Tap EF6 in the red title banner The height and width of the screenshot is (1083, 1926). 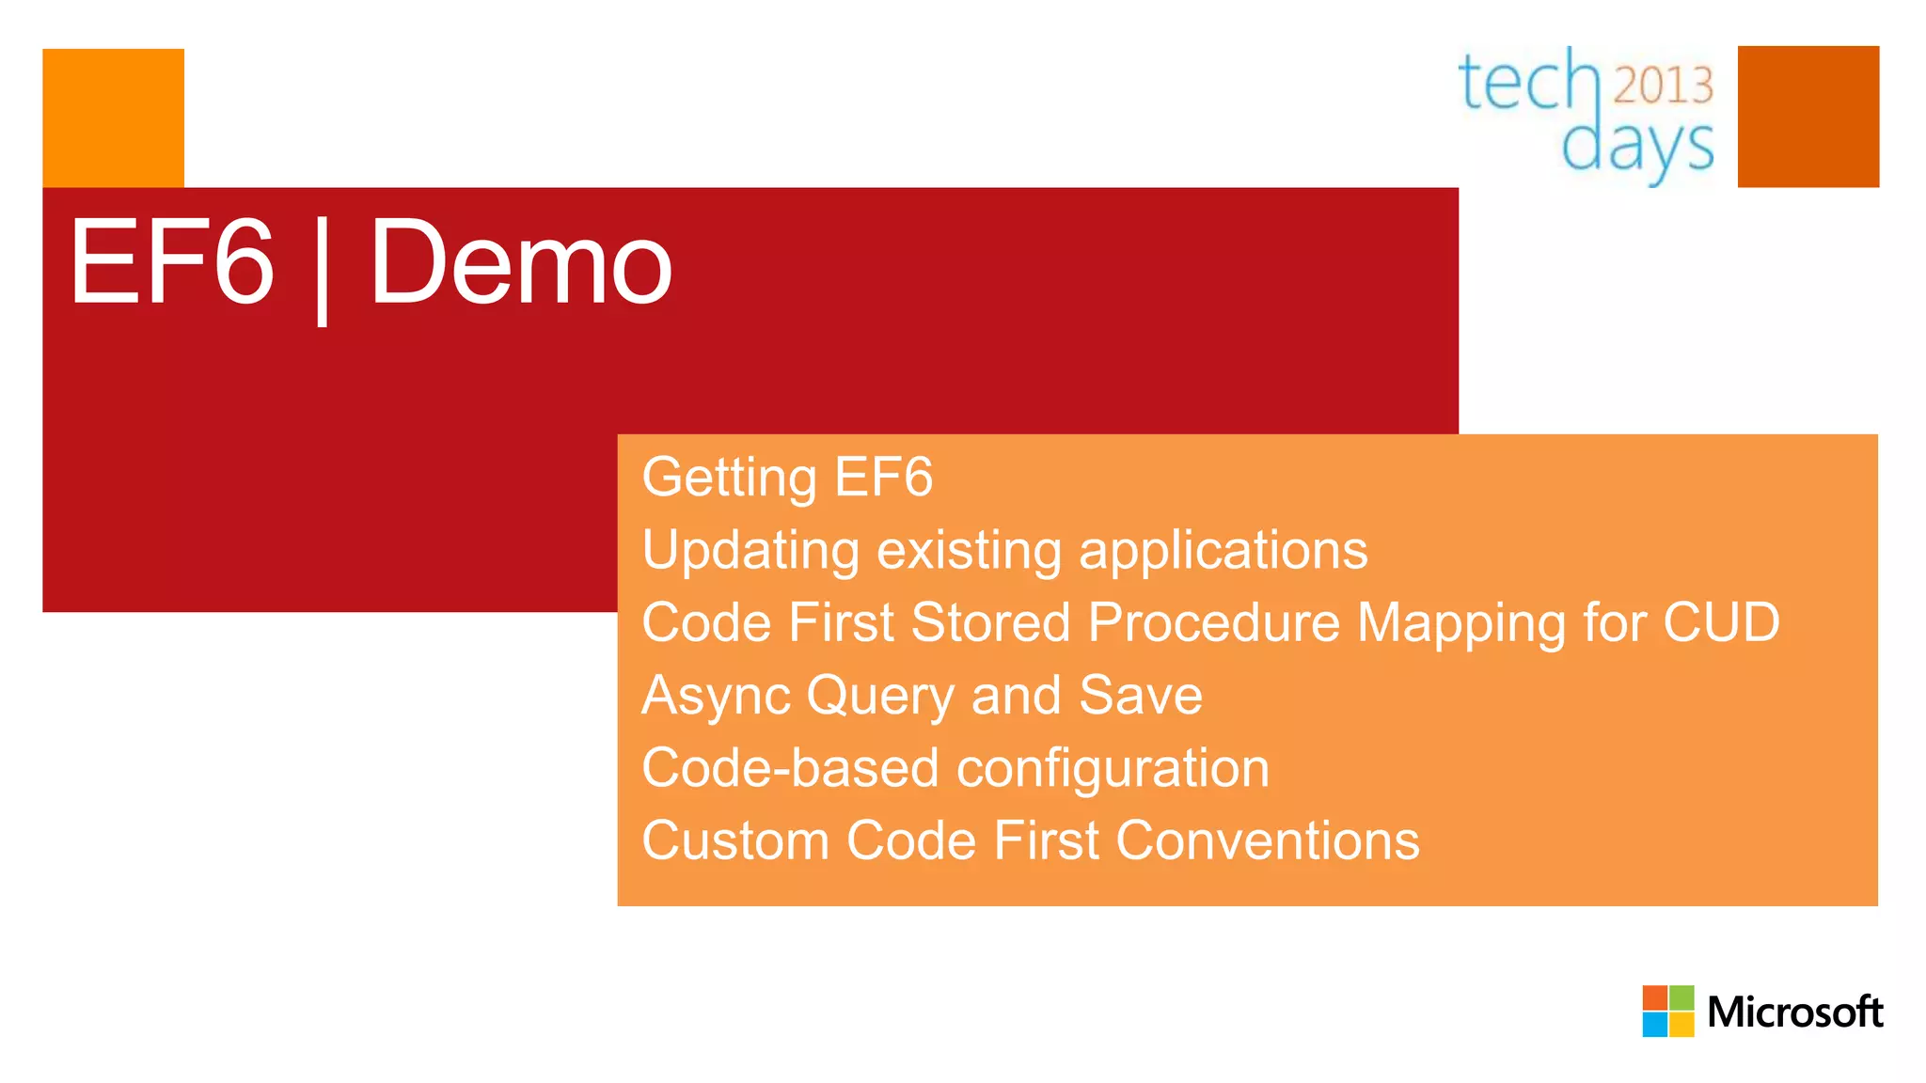pos(171,263)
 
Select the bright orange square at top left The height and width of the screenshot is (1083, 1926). pos(113,118)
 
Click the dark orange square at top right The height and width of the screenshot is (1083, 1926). pos(1808,117)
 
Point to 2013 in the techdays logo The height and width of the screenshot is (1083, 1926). pos(1663,86)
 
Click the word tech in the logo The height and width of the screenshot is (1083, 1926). pos(1527,83)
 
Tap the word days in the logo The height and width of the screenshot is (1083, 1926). pos(1636,147)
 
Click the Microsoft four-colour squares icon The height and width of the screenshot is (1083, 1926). pos(1667,1011)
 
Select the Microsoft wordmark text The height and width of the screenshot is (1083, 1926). pos(1794,1012)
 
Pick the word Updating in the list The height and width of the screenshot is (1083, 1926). pos(750,551)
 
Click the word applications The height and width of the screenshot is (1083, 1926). pos(1223,551)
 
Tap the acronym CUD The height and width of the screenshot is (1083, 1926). pos(1721,622)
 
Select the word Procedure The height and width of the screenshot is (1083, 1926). pos(1214,622)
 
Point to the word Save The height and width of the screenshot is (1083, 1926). pos(1140,695)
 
